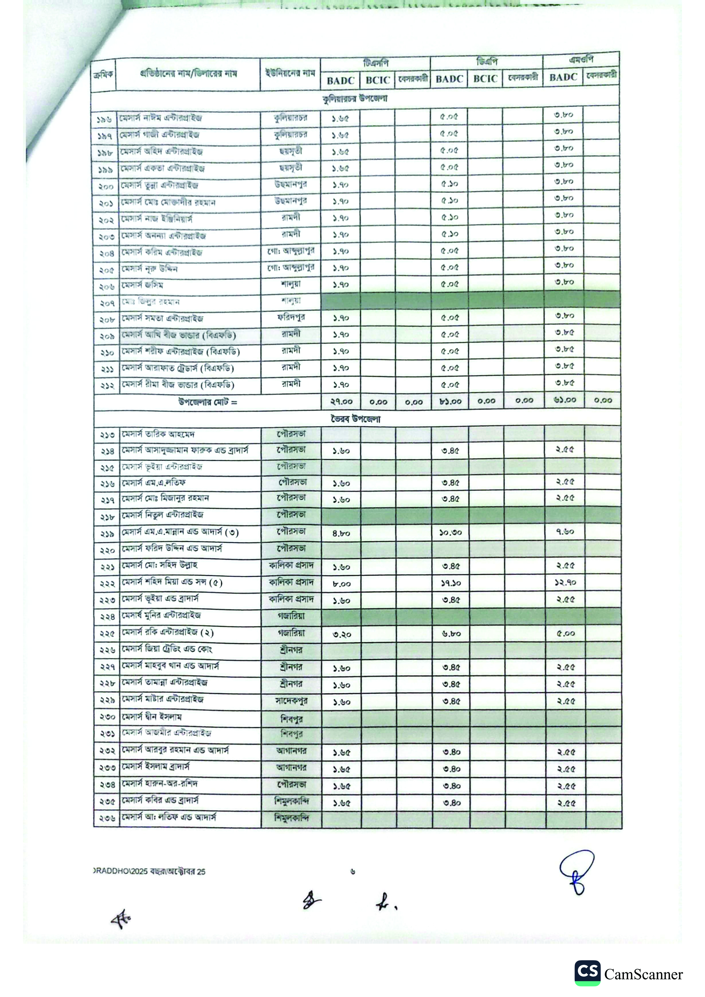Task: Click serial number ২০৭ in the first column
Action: [106, 303]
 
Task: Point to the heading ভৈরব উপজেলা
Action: [355, 419]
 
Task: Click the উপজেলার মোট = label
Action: [208, 402]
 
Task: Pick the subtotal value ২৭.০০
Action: [342, 402]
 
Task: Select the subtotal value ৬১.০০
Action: [565, 400]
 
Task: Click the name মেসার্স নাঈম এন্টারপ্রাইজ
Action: [161, 118]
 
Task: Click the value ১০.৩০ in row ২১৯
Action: [450, 532]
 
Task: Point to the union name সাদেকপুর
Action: [291, 701]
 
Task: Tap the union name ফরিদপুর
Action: [291, 317]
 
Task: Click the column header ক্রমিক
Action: [103, 75]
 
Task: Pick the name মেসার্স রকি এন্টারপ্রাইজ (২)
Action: [167, 632]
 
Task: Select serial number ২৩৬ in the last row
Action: [107, 819]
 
